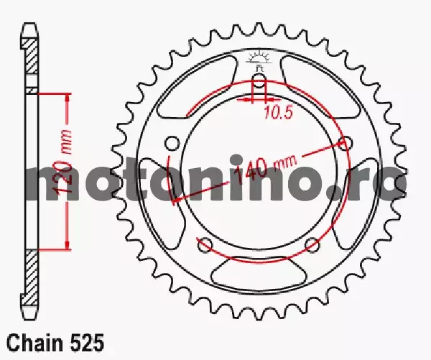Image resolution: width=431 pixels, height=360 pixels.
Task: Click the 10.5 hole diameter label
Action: tap(279, 113)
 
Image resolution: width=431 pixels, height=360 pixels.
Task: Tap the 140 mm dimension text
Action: tap(266, 169)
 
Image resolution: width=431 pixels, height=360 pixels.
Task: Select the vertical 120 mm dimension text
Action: tap(64, 162)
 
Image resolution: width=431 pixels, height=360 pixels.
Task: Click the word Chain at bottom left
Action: tap(35, 343)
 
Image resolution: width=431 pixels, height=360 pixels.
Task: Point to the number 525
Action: tap(87, 343)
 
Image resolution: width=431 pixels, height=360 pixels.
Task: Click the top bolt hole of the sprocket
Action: tap(258, 80)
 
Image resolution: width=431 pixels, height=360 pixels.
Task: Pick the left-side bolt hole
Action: tap(172, 143)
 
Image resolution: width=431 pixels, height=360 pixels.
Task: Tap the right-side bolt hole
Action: tap(345, 143)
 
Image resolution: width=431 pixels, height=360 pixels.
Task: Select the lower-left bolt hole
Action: tap(205, 244)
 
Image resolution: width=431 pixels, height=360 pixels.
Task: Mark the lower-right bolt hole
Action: tap(312, 244)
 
